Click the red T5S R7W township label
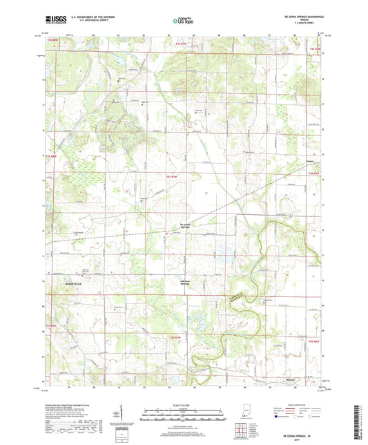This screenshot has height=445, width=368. [x=175, y=178]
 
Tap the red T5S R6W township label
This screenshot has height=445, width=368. [x=315, y=173]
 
